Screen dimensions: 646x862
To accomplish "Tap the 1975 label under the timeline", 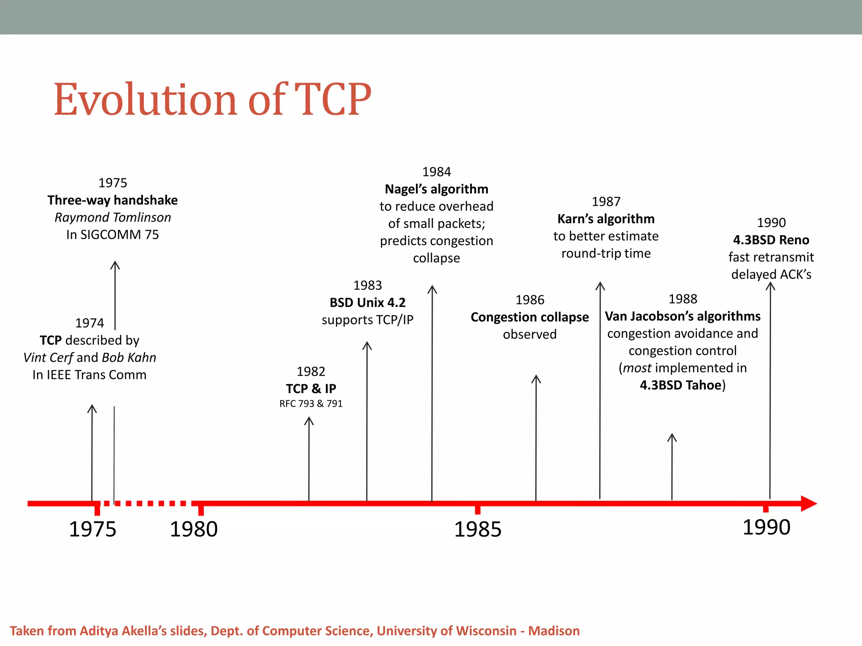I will [x=93, y=529].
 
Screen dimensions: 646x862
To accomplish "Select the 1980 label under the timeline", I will [x=194, y=529].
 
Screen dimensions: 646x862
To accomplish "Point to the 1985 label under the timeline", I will [x=478, y=529].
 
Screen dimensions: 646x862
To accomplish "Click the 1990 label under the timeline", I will [x=766, y=527].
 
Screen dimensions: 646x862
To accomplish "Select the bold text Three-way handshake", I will [x=112, y=200].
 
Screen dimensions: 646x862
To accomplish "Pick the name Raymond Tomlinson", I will [x=113, y=217].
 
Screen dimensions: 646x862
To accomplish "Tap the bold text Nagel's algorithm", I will [x=436, y=189].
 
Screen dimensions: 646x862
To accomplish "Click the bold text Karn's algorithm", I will [x=606, y=219].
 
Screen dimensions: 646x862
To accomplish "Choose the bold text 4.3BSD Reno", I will [x=771, y=240].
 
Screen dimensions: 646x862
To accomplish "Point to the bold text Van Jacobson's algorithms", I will [x=683, y=316].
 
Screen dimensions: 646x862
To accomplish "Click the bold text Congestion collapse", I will [x=529, y=317].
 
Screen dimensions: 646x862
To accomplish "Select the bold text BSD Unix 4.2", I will [x=367, y=303].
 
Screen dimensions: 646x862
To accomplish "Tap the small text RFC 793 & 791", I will [x=311, y=404].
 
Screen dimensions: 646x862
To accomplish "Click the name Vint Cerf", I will [x=48, y=357].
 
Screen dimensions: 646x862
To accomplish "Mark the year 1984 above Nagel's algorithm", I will [x=436, y=172].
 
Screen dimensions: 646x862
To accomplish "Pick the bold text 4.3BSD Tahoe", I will [x=681, y=385].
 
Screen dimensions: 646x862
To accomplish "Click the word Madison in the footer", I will [x=554, y=631].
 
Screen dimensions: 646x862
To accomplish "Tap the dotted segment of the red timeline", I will [x=145, y=503].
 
